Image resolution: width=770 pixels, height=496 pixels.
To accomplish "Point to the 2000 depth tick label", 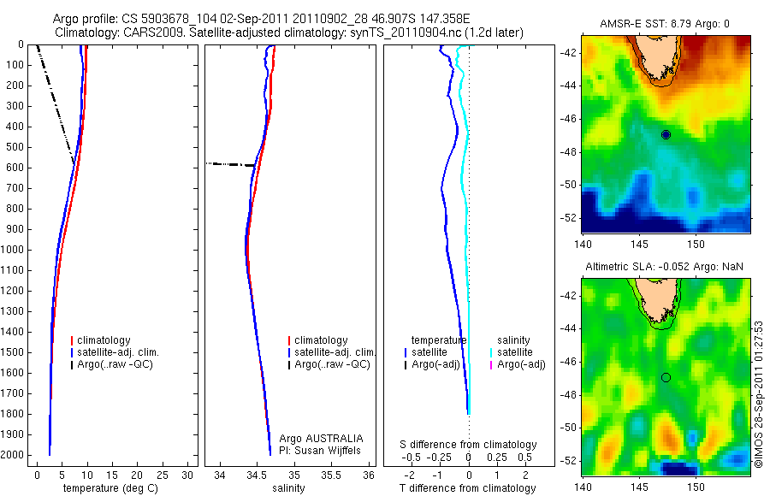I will click(14, 455).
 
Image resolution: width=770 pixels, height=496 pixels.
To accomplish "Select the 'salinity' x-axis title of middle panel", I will click(287, 488).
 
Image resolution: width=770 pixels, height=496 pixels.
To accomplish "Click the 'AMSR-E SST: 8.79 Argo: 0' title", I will click(664, 25).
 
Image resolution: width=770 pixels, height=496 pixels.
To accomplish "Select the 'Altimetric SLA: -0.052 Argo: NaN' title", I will click(664, 268).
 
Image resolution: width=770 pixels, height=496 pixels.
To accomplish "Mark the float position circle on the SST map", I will click(666, 135).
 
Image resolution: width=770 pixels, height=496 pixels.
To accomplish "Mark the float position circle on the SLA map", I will click(666, 377).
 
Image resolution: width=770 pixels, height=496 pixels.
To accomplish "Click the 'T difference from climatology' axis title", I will click(467, 488).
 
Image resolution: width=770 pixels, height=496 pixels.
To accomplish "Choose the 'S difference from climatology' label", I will click(469, 445).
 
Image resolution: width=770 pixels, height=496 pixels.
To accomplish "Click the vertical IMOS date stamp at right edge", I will click(759, 394).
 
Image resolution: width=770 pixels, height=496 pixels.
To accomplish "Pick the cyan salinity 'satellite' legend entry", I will click(516, 351).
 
